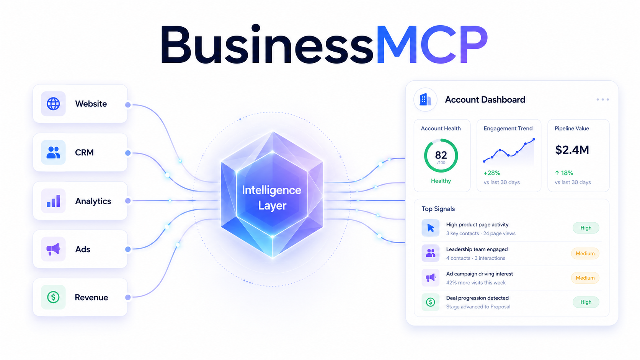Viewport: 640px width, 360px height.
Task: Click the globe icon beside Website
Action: click(x=53, y=104)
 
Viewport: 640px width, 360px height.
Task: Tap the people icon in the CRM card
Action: click(x=53, y=152)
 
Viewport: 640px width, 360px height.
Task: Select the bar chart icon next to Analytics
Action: click(x=54, y=201)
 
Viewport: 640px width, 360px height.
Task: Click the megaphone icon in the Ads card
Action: click(x=53, y=249)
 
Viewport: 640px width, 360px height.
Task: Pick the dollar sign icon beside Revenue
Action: click(x=53, y=297)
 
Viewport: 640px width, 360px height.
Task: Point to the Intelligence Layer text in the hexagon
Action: click(x=272, y=197)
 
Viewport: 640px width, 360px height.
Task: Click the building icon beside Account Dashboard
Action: click(x=425, y=99)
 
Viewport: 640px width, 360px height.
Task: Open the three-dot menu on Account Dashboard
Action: click(x=602, y=99)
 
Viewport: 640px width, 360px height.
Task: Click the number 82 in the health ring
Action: click(x=441, y=155)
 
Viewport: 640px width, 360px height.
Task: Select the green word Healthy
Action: click(x=441, y=181)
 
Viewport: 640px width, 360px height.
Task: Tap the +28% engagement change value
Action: click(x=492, y=173)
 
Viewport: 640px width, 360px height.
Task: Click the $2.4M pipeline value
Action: click(x=572, y=150)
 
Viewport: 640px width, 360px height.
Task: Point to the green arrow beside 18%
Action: click(x=557, y=173)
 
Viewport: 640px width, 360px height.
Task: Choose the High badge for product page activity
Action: click(x=586, y=228)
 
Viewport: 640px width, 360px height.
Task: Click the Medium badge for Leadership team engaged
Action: click(x=585, y=254)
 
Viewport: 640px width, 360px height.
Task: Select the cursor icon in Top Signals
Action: click(x=431, y=228)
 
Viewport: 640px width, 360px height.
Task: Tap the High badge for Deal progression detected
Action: click(x=586, y=302)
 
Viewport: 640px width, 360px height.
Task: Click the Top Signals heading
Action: click(x=438, y=209)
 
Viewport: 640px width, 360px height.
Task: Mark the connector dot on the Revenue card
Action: click(x=128, y=298)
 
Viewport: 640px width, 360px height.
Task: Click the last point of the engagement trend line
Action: click(x=534, y=139)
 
